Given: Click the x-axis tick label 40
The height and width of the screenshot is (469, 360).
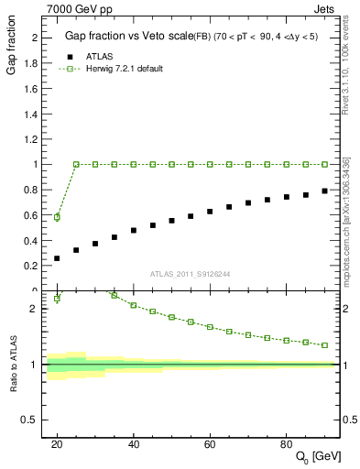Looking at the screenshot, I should point(134,444).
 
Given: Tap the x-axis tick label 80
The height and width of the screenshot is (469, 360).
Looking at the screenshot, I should point(287,444).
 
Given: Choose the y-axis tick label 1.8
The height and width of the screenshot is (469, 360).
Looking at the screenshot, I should point(32,63).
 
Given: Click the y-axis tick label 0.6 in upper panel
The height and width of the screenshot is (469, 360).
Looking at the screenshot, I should point(32,215).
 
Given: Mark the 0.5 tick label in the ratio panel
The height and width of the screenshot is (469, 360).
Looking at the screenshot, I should point(32,420).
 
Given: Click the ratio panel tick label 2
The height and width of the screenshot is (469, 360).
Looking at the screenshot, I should point(37,309).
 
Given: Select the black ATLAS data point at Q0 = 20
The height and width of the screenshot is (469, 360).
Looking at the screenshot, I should point(57,258).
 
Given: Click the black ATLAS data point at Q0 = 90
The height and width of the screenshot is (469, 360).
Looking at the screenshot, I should point(325,191).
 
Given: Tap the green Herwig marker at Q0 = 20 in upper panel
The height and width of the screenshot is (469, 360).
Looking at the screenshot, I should point(57,217).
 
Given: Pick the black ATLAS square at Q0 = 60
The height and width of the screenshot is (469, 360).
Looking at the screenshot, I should point(210,212).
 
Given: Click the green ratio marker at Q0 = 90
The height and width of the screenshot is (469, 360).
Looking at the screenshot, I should point(325,345).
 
